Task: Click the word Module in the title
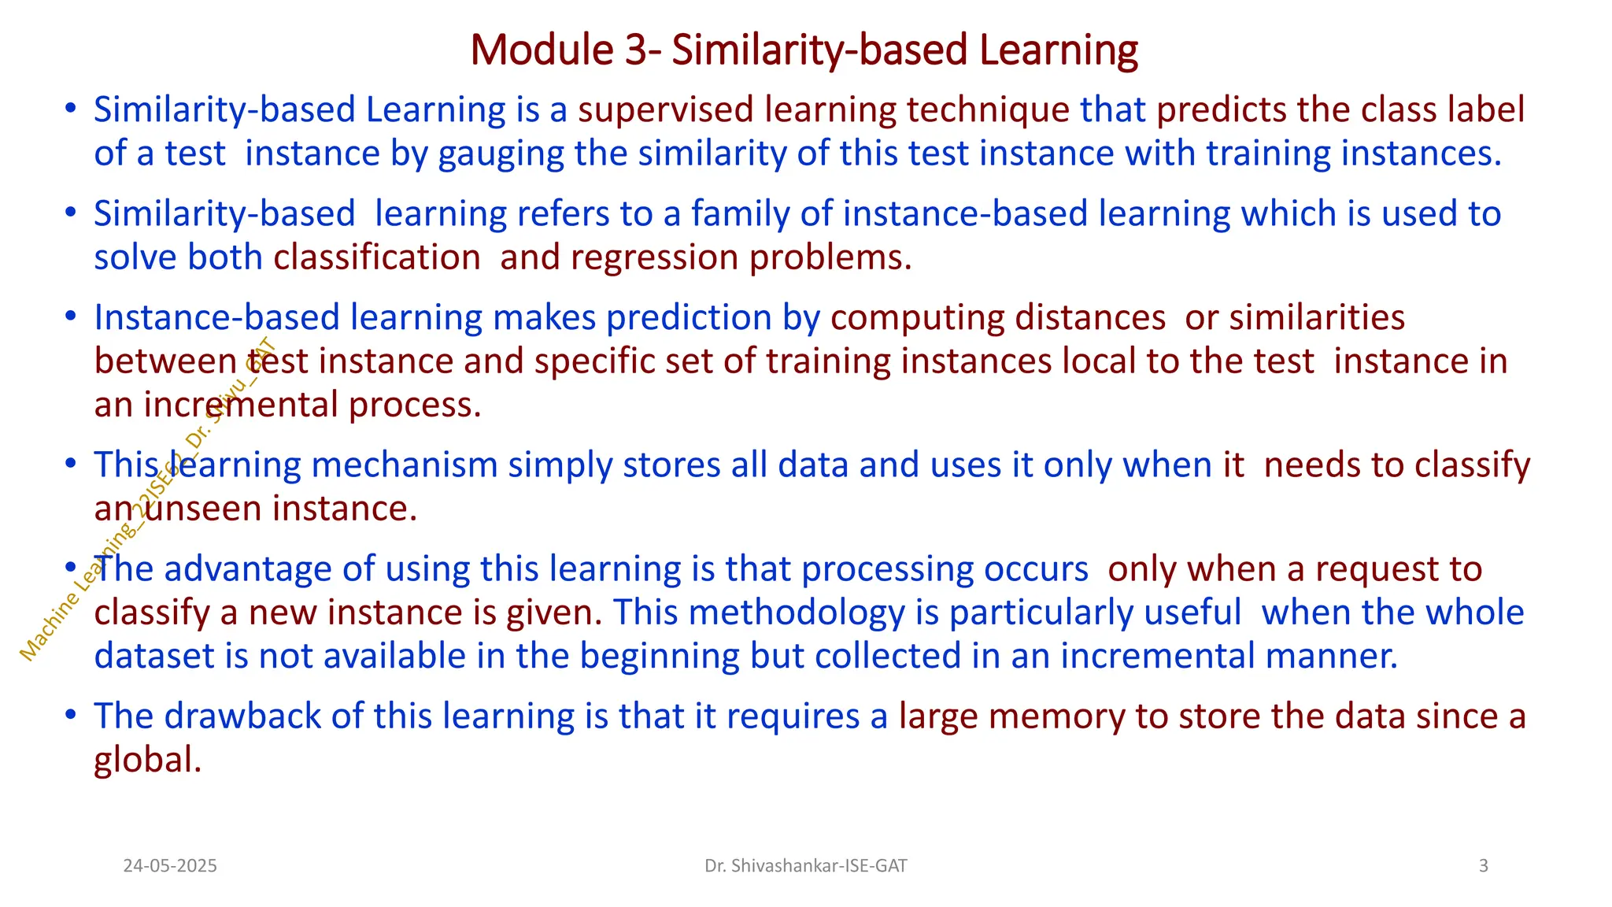[x=542, y=50]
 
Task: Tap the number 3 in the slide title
[x=637, y=50]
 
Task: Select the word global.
[x=147, y=761]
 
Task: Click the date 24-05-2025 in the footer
[x=170, y=866]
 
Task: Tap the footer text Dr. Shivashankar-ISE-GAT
[x=805, y=866]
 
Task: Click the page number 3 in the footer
[x=1483, y=866]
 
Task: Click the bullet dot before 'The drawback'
[x=71, y=715]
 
